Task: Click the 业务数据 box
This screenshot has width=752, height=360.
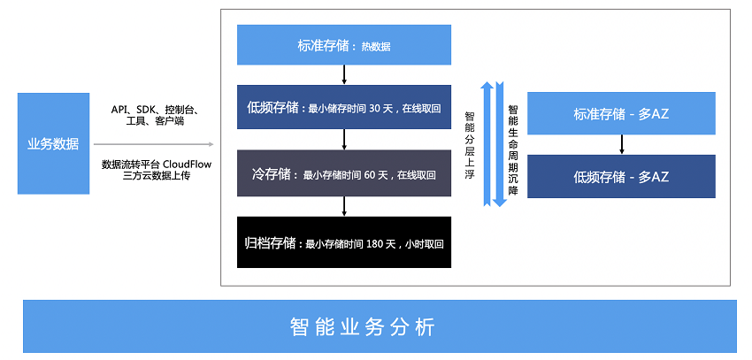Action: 53,143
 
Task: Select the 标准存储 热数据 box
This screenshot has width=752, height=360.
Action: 344,44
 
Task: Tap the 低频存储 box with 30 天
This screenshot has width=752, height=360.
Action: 344,107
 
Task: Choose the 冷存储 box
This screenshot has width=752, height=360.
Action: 344,173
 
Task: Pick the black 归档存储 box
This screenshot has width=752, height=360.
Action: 344,242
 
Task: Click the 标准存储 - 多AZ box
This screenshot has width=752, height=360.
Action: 621,113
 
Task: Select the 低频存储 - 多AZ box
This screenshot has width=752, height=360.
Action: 621,176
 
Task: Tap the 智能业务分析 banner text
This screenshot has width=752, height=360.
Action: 362,327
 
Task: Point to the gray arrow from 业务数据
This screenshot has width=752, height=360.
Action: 153,144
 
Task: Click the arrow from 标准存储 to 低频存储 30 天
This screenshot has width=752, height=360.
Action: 344,75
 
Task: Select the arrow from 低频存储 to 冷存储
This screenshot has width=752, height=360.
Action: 344,140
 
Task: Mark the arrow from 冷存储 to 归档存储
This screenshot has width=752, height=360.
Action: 344,206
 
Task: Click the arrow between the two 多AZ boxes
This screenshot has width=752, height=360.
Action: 622,145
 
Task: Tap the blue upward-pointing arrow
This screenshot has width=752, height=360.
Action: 487,143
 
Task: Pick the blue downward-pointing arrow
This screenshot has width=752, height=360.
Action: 500,144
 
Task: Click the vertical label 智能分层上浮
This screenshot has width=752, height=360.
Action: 470,145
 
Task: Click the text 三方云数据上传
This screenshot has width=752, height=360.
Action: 157,176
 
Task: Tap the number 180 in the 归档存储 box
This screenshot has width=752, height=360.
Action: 375,244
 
